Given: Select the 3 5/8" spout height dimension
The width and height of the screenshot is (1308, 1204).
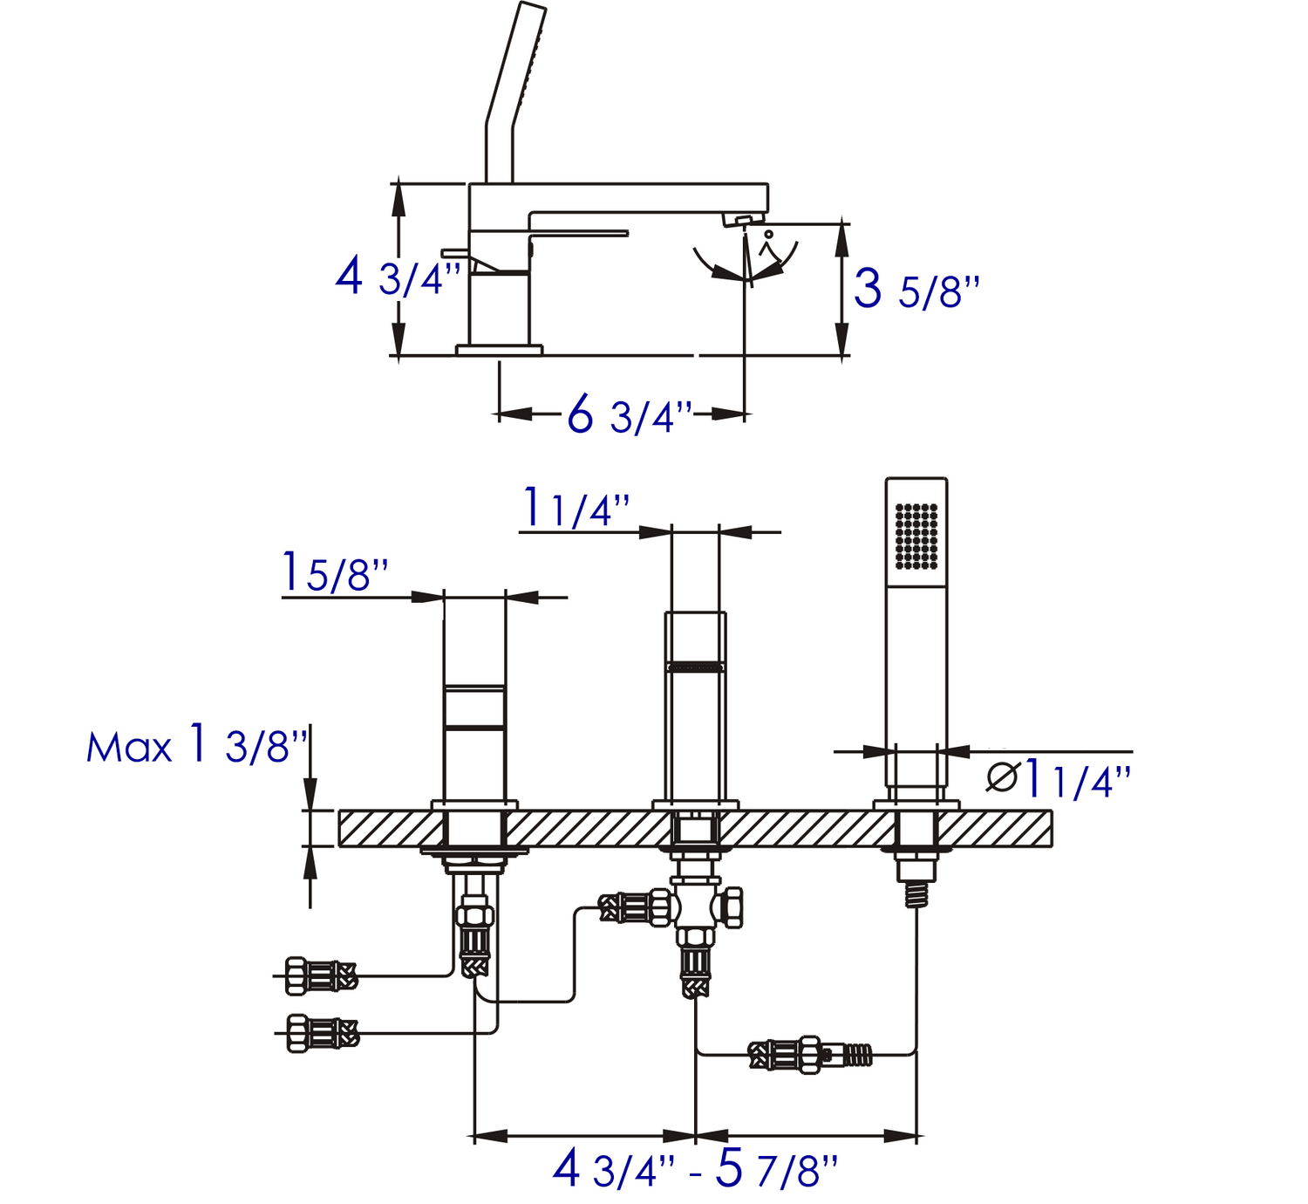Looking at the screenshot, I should [x=916, y=289].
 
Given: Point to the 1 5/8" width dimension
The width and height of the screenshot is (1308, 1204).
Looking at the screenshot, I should [x=335, y=573].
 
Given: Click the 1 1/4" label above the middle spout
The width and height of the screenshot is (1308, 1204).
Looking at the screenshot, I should [x=576, y=509].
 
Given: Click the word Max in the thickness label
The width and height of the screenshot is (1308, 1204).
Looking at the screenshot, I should [x=129, y=749].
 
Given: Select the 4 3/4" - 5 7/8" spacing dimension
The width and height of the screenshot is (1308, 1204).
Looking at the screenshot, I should [x=695, y=1168].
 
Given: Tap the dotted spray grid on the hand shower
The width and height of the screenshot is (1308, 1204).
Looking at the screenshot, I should [x=916, y=536].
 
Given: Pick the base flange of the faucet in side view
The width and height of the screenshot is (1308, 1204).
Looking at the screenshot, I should [x=499, y=350].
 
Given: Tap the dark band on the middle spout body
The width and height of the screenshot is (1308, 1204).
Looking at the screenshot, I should [x=695, y=667].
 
